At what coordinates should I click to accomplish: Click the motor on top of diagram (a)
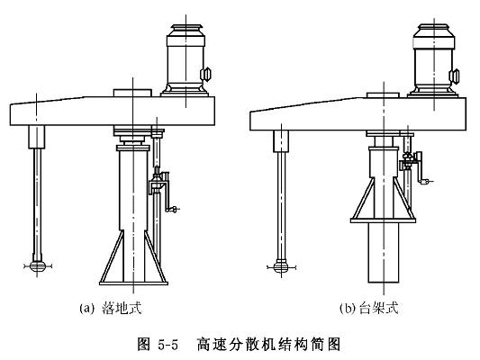[x=186, y=60]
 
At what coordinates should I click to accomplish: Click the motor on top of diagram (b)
[x=433, y=61]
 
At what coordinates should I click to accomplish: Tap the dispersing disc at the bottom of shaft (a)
[x=37, y=265]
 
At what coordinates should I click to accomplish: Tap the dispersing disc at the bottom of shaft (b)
[x=281, y=266]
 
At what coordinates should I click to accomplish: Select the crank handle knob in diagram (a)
[x=172, y=210]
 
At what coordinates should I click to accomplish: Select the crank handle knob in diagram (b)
[x=425, y=182]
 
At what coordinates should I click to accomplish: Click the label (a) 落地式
[x=111, y=308]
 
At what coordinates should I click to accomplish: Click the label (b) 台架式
[x=369, y=308]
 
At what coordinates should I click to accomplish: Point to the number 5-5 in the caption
[x=168, y=345]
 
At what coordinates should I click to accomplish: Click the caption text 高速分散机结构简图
[x=268, y=345]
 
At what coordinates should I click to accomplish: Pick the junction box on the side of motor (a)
[x=206, y=75]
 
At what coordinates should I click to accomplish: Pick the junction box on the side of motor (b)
[x=454, y=76]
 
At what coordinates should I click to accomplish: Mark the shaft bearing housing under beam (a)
[x=37, y=137]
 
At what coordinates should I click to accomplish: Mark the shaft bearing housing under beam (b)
[x=281, y=141]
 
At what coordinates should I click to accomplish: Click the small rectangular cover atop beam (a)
[x=132, y=93]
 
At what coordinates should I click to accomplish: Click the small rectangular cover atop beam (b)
[x=383, y=94]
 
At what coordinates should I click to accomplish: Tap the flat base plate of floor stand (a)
[x=134, y=283]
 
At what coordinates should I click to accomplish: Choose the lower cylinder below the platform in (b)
[x=384, y=252]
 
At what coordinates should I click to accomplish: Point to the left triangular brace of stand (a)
[x=112, y=256]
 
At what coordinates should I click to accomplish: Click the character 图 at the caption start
[x=144, y=345]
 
